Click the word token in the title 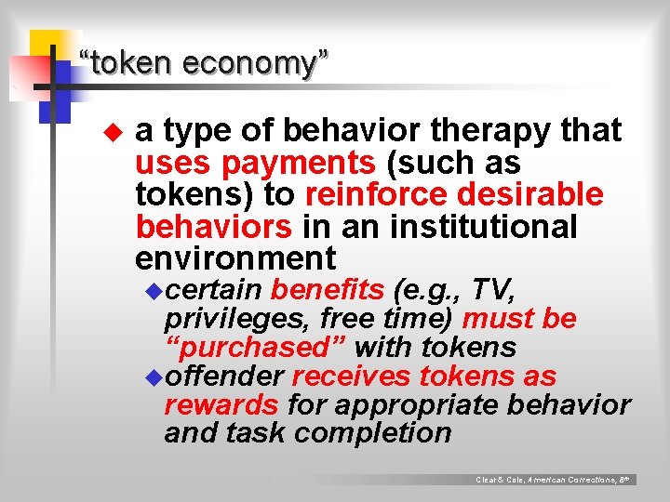pyautogui.click(x=130, y=64)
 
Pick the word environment pyautogui.click(x=235, y=258)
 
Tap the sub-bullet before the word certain pyautogui.click(x=154, y=291)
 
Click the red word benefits pyautogui.click(x=327, y=290)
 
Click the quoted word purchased pyautogui.click(x=256, y=348)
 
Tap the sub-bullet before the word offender pyautogui.click(x=154, y=377)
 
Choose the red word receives pyautogui.click(x=352, y=376)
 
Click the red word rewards pyautogui.click(x=221, y=405)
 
